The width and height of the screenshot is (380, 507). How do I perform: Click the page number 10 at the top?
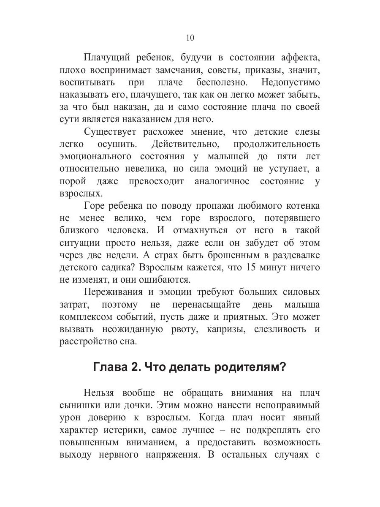click(x=190, y=38)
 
